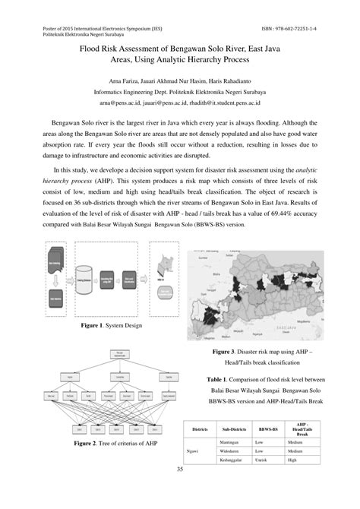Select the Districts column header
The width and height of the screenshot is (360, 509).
click(x=201, y=429)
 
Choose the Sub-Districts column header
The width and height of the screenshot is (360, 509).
click(x=233, y=429)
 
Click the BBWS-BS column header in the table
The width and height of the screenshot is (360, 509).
click(x=268, y=429)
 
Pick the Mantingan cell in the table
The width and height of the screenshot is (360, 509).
click(x=231, y=441)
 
